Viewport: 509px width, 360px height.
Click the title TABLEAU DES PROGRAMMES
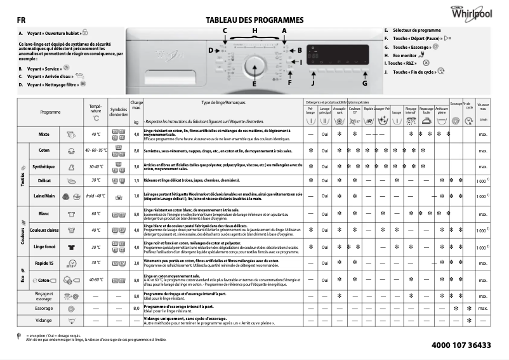[x=254, y=20]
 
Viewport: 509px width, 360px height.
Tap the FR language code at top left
[x=21, y=20]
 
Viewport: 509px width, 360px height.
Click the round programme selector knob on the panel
[x=255, y=64]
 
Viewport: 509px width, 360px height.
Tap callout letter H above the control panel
[x=255, y=30]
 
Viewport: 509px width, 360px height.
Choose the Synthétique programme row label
[x=44, y=166]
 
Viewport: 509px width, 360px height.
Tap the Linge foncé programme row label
[x=44, y=247]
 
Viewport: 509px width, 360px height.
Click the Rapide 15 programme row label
[x=44, y=262]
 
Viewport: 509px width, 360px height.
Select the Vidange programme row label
[x=44, y=321]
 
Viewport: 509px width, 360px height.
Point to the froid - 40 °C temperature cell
[x=96, y=196]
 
